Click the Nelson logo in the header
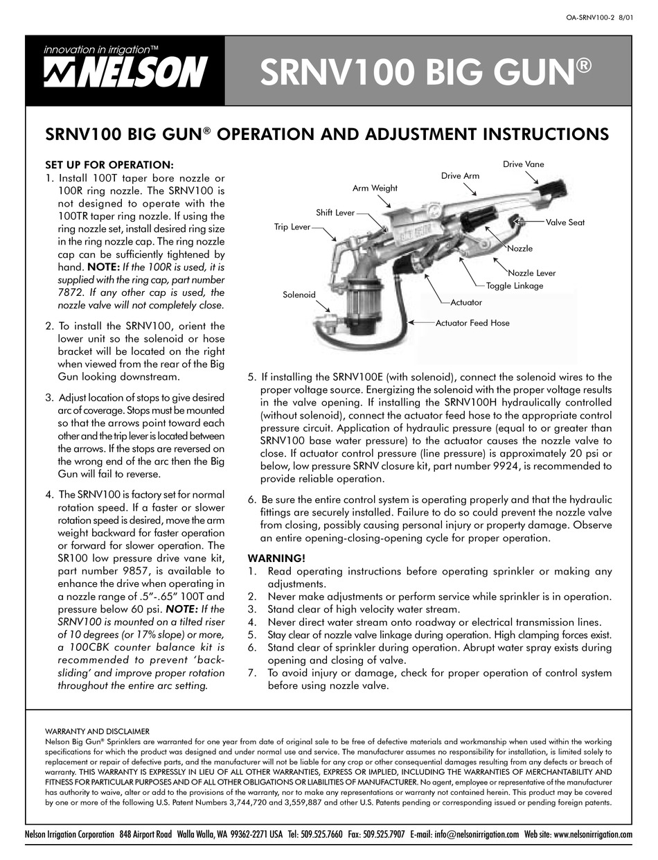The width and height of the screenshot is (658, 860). point(124,70)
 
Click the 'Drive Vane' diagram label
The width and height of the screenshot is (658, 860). point(524,164)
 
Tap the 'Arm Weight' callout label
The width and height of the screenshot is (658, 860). point(375,188)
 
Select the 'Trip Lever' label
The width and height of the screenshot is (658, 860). point(292,227)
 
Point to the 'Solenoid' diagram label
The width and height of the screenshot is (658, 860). point(299,295)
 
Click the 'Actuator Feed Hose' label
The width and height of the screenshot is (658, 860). point(472,323)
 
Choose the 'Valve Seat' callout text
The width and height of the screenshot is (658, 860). point(565,222)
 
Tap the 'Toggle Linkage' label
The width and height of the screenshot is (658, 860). point(515,286)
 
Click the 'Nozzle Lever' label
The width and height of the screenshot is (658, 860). point(533,274)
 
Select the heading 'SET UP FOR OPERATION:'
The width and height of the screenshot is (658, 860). point(109,165)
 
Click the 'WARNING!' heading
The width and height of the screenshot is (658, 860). point(276,558)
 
